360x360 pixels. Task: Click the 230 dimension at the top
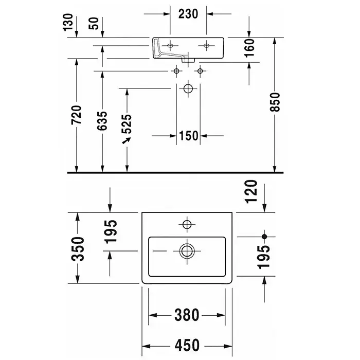(189, 14)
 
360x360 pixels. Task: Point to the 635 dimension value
(102, 121)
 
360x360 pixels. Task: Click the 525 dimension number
(127, 123)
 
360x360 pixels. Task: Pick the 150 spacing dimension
(189, 136)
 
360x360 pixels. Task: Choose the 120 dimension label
(250, 192)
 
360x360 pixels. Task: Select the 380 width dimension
(187, 314)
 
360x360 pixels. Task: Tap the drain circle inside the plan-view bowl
(187, 250)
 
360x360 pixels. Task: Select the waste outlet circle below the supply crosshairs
(188, 89)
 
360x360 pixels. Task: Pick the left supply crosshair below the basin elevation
(177, 70)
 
